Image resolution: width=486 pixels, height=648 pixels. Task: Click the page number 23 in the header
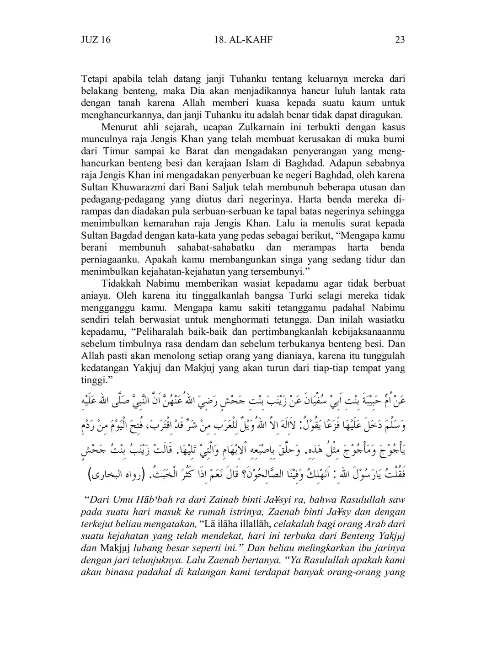pos(400,40)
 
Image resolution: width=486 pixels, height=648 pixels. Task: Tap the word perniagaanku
pos(111,260)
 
